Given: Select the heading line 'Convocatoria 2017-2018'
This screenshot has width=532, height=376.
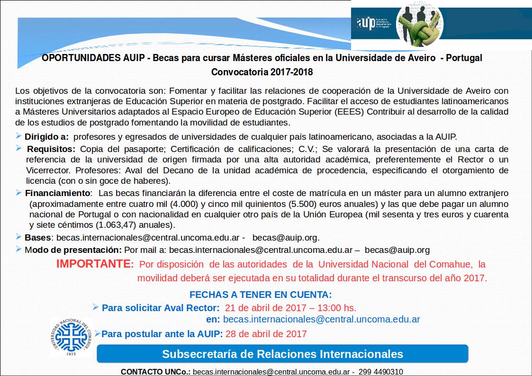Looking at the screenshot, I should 262,72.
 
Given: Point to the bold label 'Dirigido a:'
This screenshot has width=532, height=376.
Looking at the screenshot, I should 46,137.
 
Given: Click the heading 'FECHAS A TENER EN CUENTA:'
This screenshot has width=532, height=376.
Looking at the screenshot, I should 261,294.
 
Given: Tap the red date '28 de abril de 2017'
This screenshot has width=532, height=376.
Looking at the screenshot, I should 266,334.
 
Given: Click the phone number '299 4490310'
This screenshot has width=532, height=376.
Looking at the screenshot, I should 381,372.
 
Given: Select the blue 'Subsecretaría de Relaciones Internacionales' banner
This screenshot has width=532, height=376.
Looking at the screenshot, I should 282,354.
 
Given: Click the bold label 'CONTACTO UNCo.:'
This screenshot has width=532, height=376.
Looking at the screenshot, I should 155,372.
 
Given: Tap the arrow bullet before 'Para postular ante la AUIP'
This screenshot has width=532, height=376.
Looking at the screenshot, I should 98,333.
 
